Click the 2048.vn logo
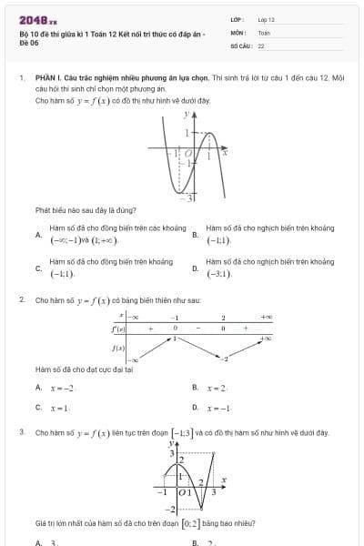click(37, 19)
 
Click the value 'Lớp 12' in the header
click(266, 19)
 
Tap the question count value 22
click(261, 45)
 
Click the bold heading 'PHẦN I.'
click(48, 79)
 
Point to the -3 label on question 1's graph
click(191, 197)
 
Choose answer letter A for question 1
click(38, 234)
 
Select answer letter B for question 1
click(195, 234)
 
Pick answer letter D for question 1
click(195, 268)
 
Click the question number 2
click(21, 299)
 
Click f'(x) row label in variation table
click(118, 328)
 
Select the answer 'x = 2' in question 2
click(216, 389)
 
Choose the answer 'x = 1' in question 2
click(60, 409)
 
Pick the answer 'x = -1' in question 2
click(218, 409)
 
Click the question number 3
click(21, 432)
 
